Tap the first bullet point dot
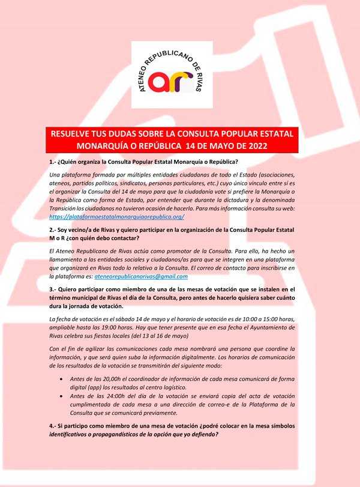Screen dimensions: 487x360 pyautogui.click(x=64, y=379)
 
